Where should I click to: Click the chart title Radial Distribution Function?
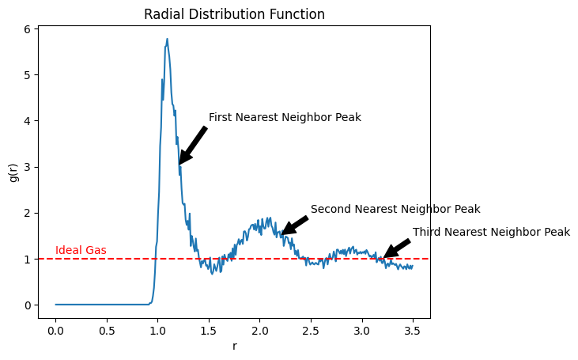(234, 14)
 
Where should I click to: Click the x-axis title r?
(234, 346)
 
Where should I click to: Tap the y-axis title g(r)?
(13, 172)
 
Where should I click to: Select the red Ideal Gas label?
(81, 251)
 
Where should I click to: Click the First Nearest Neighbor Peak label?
(285, 118)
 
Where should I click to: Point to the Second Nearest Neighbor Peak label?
(395, 210)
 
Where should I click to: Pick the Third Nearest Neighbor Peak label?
(491, 233)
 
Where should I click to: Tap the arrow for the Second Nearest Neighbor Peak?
(294, 226)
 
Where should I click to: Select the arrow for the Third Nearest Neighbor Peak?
(397, 248)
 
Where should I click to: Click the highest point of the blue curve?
(167, 39)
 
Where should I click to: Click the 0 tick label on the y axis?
(28, 305)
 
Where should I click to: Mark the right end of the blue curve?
(413, 266)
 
